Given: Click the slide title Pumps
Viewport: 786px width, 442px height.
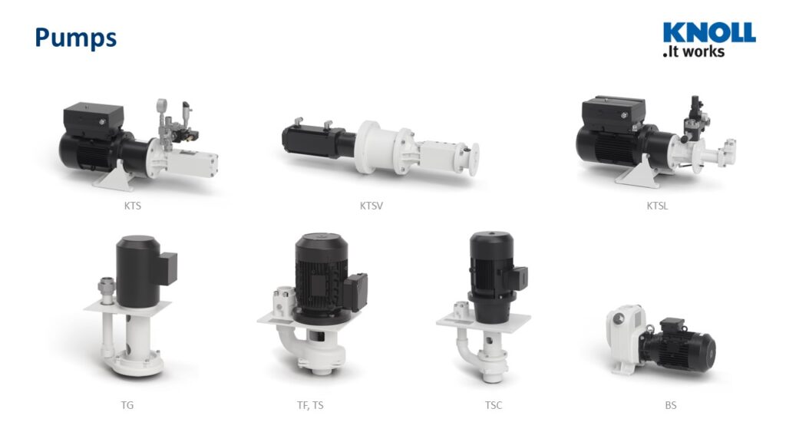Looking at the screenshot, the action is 76,38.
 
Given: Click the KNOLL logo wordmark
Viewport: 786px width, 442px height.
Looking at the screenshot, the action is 708,32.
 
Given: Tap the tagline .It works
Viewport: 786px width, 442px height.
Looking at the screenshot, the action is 694,51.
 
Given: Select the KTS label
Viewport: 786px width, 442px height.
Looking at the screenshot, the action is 132,206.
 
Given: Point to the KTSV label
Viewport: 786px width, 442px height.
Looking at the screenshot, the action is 371,206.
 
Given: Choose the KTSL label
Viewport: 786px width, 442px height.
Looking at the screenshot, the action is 657,206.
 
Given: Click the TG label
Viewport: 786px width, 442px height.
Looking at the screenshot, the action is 127,405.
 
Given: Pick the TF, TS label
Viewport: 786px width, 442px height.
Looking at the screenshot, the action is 310,405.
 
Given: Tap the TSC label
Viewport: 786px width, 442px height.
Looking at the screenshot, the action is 494,405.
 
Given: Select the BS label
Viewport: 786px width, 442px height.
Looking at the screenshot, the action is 671,405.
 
